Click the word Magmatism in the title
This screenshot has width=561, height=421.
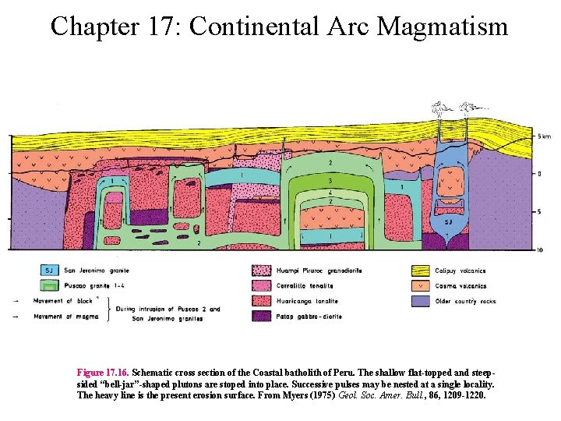[x=443, y=27]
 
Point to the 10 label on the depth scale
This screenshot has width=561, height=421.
[x=540, y=249]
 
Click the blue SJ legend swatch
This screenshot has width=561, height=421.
[x=51, y=271]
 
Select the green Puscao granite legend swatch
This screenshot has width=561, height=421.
[x=51, y=285]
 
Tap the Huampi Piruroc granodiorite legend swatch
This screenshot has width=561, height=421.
[x=263, y=271]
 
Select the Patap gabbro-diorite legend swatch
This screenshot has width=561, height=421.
[x=263, y=316]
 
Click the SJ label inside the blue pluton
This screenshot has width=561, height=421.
[x=447, y=222]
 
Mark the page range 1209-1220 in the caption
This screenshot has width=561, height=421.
[x=457, y=395]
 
